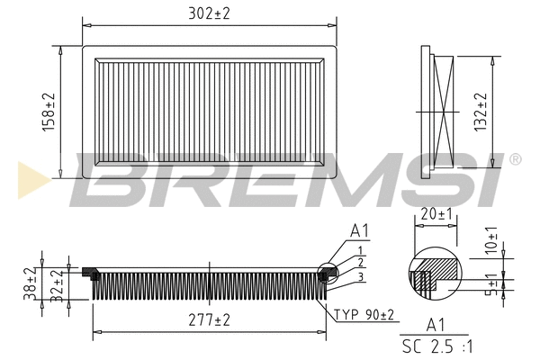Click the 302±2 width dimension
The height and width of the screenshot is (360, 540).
pyautogui.click(x=209, y=14)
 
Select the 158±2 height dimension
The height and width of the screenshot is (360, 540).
pyautogui.click(x=49, y=112)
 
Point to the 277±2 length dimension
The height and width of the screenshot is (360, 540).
pyautogui.click(x=210, y=319)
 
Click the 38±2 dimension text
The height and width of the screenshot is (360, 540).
pyautogui.click(x=30, y=283)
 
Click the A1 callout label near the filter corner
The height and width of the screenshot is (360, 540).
pyautogui.click(x=358, y=232)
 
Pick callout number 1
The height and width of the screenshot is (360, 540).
pyautogui.click(x=360, y=249)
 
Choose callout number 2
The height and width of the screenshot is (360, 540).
pyautogui.click(x=360, y=262)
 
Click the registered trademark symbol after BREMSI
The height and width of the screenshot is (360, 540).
pyautogui.click(x=515, y=159)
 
